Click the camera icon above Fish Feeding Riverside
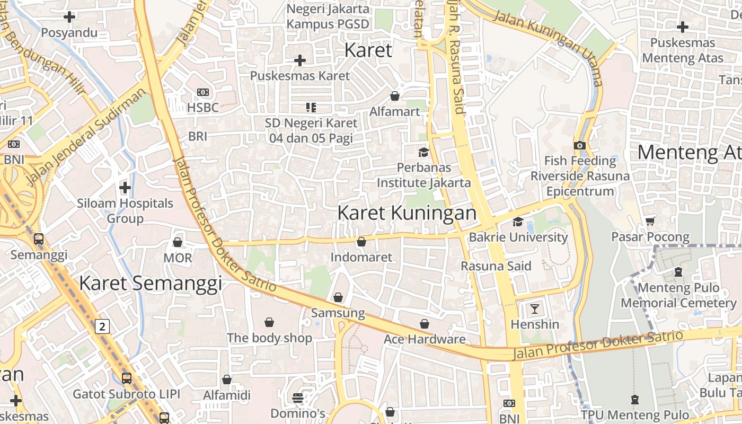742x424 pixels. point(580,145)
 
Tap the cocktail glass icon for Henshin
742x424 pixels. point(534,308)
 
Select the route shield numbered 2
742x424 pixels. point(102,326)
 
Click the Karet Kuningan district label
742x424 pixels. point(407,213)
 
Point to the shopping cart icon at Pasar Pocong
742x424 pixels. point(650,221)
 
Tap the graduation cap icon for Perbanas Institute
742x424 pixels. point(423,153)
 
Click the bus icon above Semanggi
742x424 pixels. point(39,239)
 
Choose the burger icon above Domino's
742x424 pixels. point(298,397)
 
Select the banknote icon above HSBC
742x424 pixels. point(202,92)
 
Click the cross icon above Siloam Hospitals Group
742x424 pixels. point(125,188)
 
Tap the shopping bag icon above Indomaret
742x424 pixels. point(361,242)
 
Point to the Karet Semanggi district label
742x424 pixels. point(151,284)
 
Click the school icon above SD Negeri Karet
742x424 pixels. point(311,108)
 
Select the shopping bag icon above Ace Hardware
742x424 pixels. point(425,324)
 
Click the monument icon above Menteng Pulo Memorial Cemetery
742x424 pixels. point(678,272)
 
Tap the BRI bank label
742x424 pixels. point(198,136)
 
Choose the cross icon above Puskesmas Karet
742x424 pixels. point(300,60)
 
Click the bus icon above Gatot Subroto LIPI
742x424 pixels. point(127,378)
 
